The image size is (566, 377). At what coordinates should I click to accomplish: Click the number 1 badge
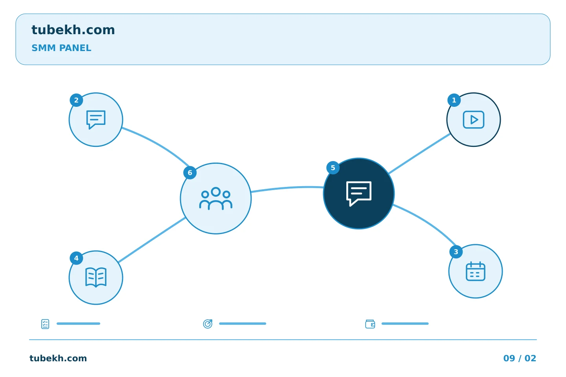click(454, 100)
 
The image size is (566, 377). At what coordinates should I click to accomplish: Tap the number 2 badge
click(76, 100)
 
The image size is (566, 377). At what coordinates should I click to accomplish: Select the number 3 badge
click(456, 252)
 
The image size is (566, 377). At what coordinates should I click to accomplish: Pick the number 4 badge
click(76, 258)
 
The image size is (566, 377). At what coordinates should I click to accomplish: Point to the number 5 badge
click(333, 168)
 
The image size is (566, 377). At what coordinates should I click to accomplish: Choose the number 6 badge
click(190, 173)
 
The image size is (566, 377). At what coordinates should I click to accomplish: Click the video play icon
click(474, 120)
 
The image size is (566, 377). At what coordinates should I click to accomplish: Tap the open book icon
click(96, 277)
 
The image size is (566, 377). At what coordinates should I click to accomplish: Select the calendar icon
click(475, 271)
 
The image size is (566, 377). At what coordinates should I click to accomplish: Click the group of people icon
click(215, 198)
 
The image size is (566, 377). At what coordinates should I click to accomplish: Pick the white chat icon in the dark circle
click(358, 194)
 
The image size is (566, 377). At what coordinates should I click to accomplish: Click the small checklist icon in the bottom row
click(45, 324)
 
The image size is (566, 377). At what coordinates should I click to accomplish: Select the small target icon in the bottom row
click(208, 324)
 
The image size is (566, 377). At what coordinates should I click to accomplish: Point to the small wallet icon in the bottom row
click(370, 324)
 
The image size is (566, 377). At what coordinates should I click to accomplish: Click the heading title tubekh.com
click(73, 30)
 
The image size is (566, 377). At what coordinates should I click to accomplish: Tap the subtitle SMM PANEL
click(61, 48)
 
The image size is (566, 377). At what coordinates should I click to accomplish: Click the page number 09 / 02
click(520, 358)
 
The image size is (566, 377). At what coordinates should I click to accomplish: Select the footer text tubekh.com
click(58, 358)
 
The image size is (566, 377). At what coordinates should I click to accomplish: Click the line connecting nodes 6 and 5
click(287, 188)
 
